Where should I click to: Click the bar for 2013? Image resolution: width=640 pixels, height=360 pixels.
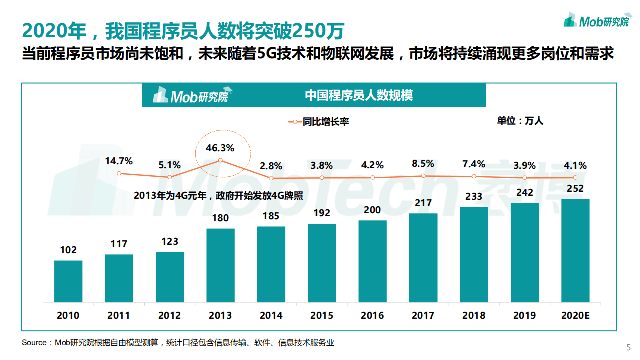pyautogui.click(x=220, y=265)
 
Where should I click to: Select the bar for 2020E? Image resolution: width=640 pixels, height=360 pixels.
pyautogui.click(x=575, y=250)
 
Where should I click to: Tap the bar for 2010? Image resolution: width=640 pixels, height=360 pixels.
pyautogui.click(x=68, y=281)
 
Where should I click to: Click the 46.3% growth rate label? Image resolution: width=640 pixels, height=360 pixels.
pyautogui.click(x=220, y=148)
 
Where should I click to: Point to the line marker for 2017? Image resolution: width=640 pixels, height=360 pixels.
pyautogui.click(x=423, y=176)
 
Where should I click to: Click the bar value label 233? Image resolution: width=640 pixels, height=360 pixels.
pyautogui.click(x=474, y=197)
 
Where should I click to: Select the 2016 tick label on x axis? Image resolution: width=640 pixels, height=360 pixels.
pyautogui.click(x=372, y=316)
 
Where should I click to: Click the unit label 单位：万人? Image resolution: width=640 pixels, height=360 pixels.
pyautogui.click(x=520, y=121)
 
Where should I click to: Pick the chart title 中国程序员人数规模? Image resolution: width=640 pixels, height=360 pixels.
pyautogui.click(x=359, y=95)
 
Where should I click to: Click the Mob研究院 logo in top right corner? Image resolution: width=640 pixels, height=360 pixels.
pyautogui.click(x=596, y=21)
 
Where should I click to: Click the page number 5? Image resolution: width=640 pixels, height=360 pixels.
pyautogui.click(x=629, y=348)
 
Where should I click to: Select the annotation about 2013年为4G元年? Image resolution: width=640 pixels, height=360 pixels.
pyautogui.click(x=218, y=196)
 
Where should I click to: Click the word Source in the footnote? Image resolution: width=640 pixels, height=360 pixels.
pyautogui.click(x=34, y=343)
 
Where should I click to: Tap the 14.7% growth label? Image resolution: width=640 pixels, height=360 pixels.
pyautogui.click(x=119, y=161)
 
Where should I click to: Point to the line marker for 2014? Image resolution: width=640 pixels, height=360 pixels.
pyautogui.click(x=271, y=178)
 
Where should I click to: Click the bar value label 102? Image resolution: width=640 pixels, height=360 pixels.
pyautogui.click(x=68, y=250)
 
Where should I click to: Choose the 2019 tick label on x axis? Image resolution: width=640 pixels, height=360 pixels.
pyautogui.click(x=524, y=316)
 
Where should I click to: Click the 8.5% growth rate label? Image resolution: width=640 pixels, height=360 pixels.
pyautogui.click(x=423, y=163)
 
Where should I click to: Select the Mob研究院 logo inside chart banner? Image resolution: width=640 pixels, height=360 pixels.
pyautogui.click(x=191, y=95)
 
